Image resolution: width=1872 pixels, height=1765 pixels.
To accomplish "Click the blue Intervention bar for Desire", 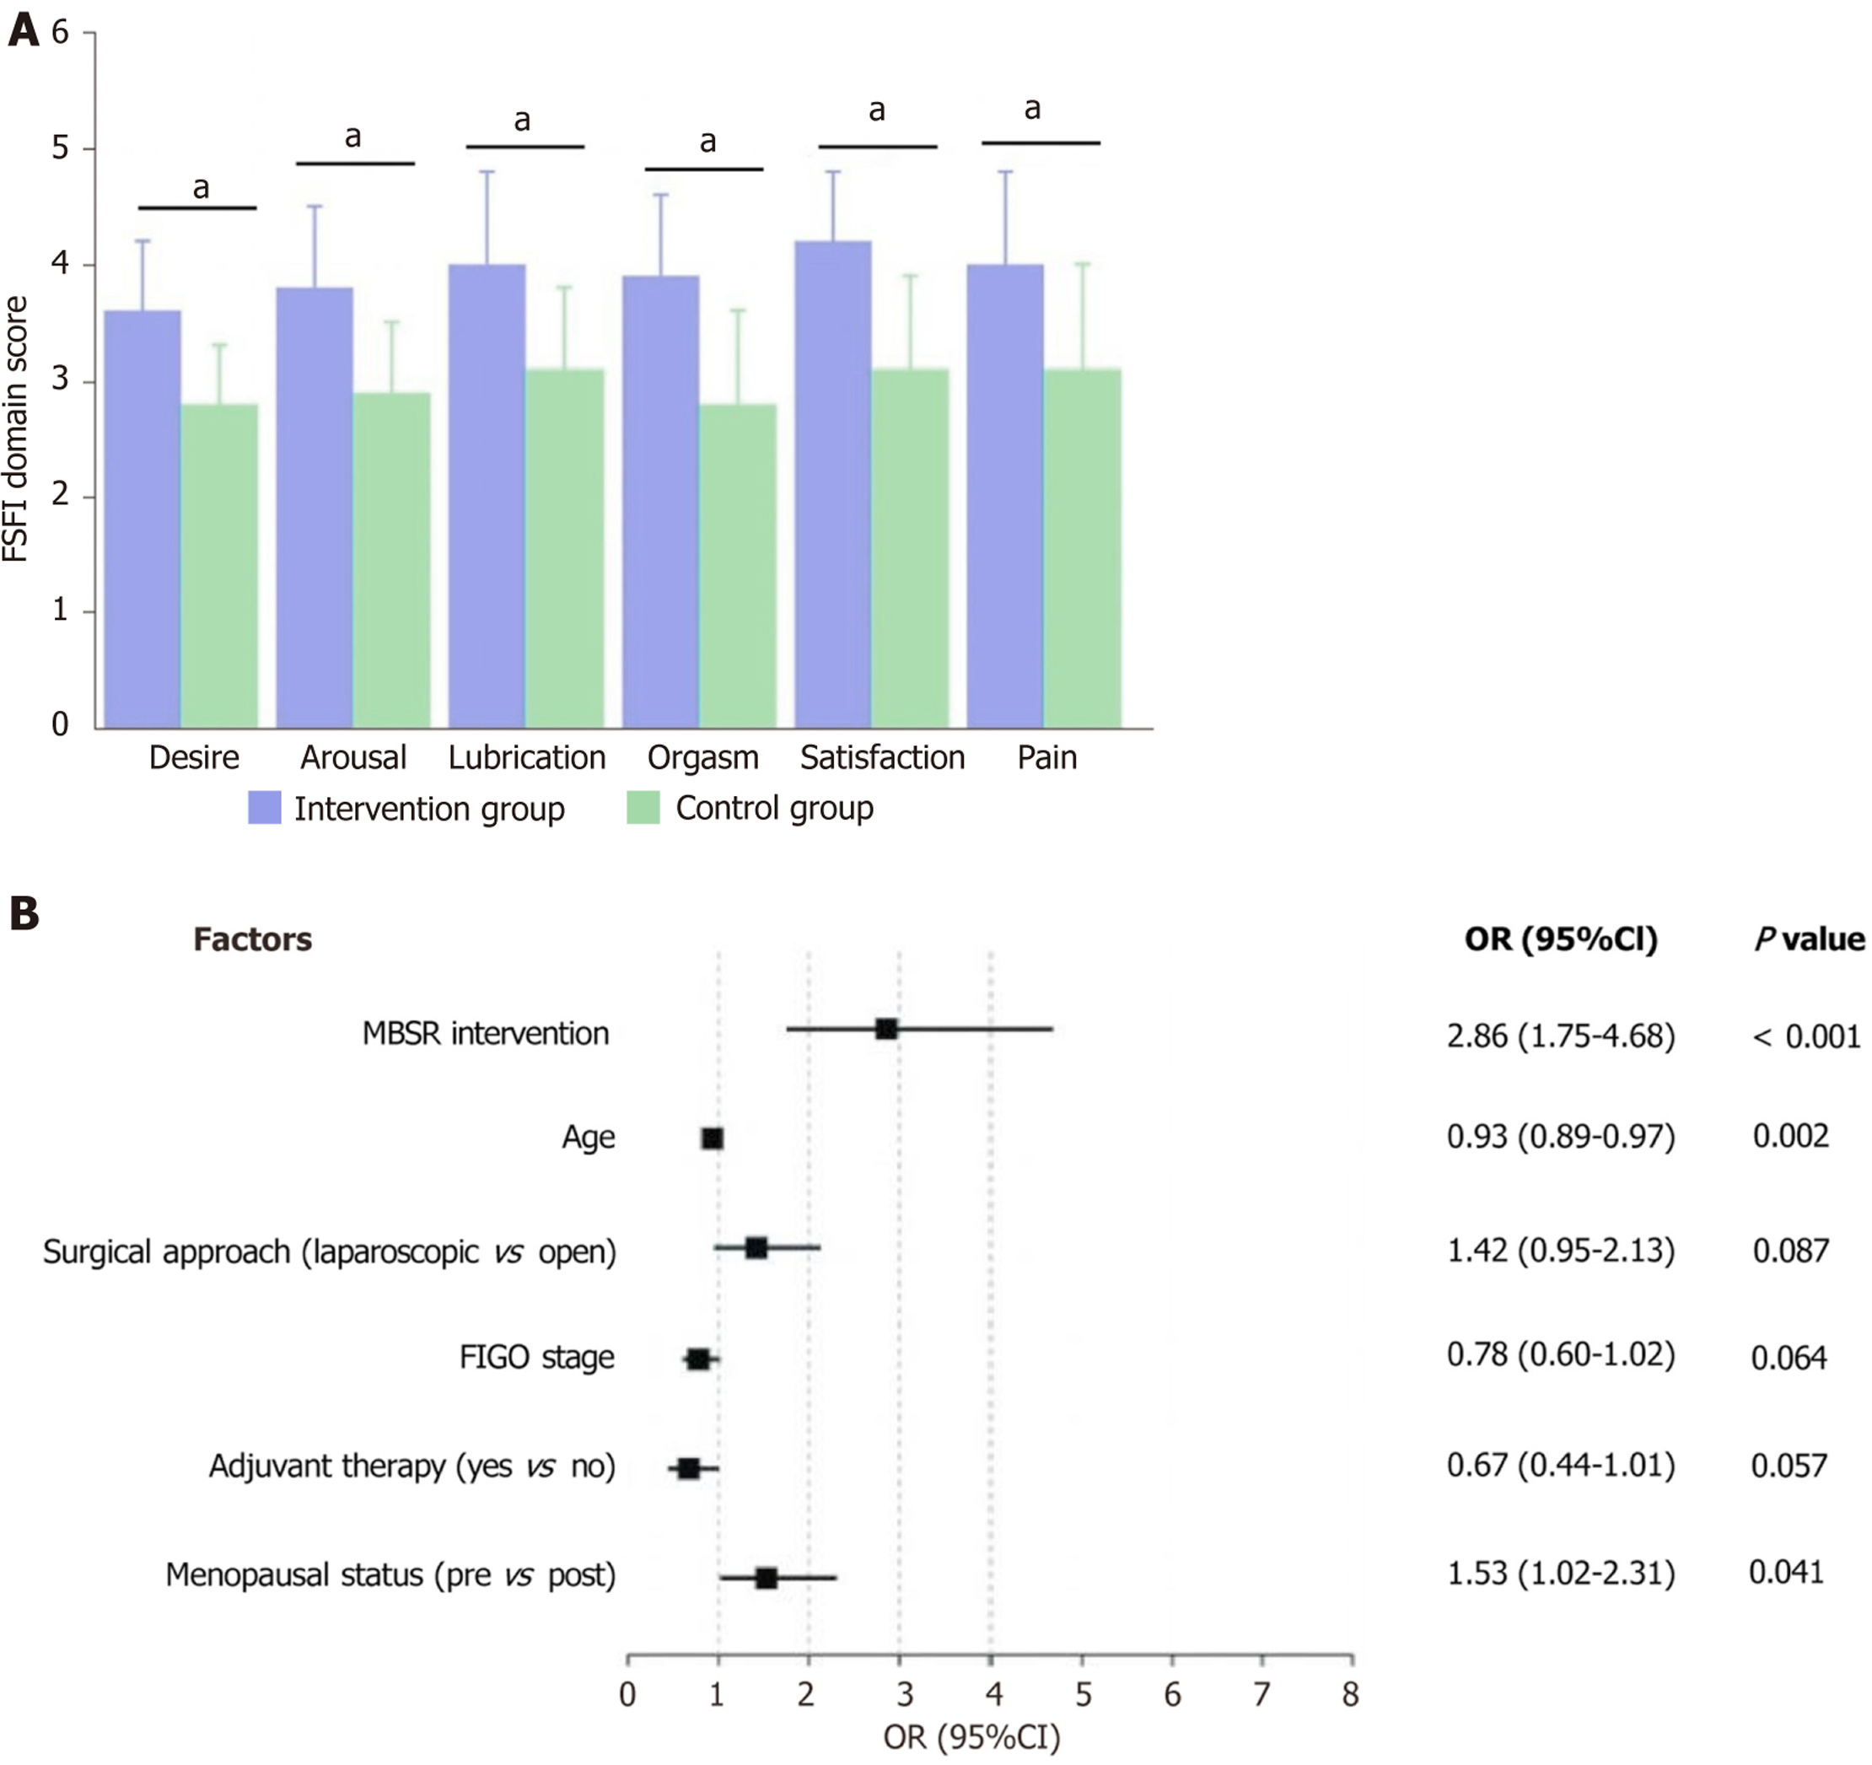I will tap(143, 519).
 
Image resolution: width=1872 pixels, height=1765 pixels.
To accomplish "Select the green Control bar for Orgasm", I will tap(737, 566).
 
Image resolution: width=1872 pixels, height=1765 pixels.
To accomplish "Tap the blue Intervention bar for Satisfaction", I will tap(832, 484).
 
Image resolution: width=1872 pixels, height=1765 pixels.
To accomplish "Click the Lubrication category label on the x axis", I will tap(526, 757).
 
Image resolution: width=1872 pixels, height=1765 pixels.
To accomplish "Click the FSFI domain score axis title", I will tap(16, 428).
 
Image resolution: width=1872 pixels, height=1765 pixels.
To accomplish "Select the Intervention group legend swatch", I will tap(265, 808).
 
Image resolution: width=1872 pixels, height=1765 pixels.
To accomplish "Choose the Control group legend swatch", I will tap(643, 808).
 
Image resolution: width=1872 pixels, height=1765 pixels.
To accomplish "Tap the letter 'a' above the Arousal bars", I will tap(353, 137).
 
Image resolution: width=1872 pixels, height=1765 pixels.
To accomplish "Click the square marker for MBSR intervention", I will tap(886, 1030).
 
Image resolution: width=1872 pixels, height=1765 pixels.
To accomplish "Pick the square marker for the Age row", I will tap(713, 1138).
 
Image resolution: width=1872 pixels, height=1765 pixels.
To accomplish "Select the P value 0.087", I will tap(1790, 1251).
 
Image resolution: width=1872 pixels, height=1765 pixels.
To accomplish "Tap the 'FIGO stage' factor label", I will tap(537, 1357).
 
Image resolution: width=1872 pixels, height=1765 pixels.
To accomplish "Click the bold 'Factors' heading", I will tap(252, 939).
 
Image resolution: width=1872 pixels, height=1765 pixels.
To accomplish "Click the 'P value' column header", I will tap(1808, 939).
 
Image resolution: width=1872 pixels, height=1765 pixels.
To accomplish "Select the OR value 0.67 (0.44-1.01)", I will tap(1560, 1466).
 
